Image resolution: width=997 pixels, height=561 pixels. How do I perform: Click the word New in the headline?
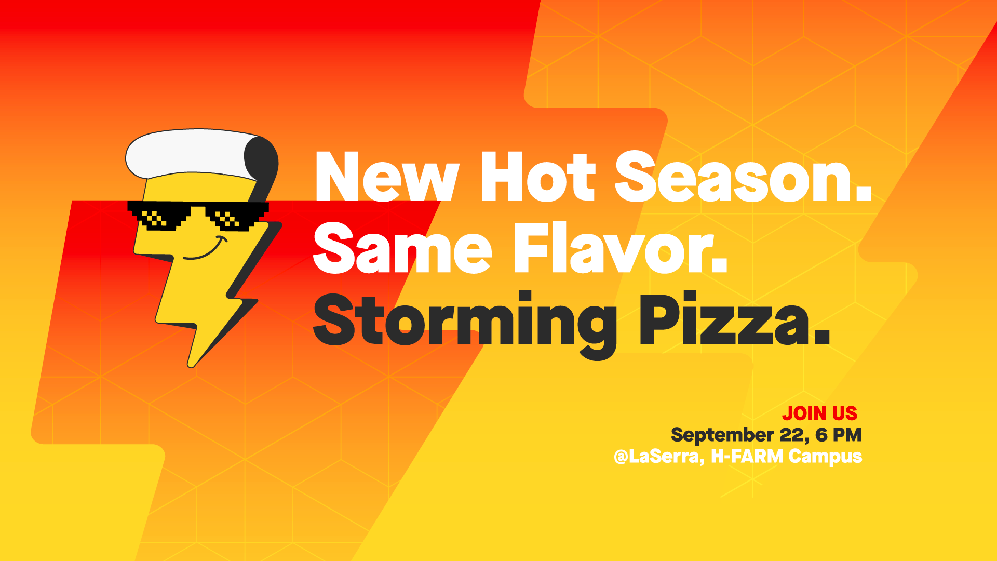click(x=387, y=176)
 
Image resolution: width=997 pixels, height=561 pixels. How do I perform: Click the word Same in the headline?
click(x=402, y=248)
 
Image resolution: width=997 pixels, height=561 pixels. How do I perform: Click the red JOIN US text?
click(x=820, y=413)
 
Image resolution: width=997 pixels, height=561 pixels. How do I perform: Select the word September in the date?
click(x=722, y=435)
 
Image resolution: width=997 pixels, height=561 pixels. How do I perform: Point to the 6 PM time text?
click(x=839, y=435)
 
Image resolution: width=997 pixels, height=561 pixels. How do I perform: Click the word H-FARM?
click(x=747, y=456)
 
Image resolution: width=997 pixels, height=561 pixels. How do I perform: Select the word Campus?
click(x=826, y=457)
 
